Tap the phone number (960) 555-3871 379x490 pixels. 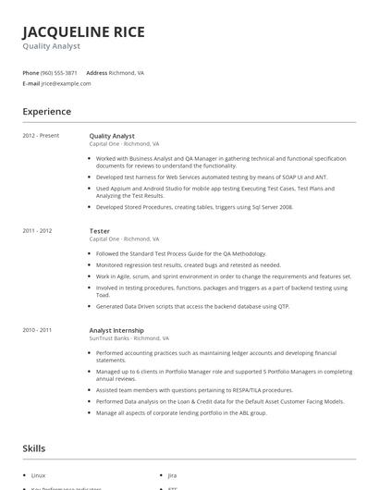pos(59,72)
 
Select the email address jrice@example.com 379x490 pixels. pos(66,83)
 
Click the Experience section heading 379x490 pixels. pos(46,112)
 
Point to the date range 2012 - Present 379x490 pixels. pos(41,136)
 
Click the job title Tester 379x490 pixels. pos(99,230)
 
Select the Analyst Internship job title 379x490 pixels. pos(116,329)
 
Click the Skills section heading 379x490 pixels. pos(33,448)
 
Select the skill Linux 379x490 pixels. pos(38,473)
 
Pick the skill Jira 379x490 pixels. pos(173,473)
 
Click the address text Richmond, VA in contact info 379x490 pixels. pos(127,72)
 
